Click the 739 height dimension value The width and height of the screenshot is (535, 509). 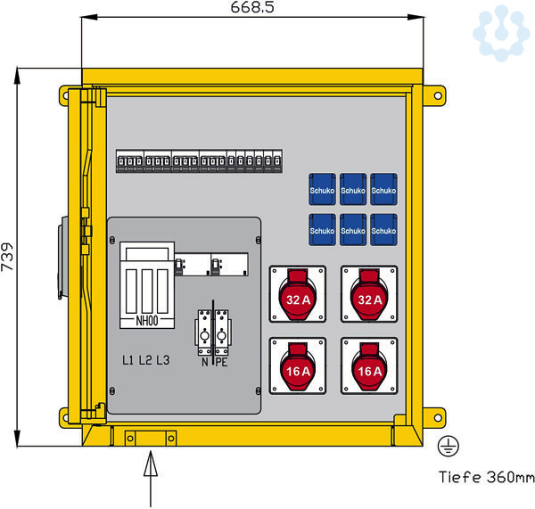[x=8, y=257]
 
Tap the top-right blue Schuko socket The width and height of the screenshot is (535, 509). [x=383, y=190]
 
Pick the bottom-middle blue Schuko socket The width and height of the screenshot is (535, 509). [x=353, y=230]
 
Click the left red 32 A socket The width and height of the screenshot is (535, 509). [x=298, y=297]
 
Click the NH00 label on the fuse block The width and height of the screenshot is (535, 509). [x=146, y=322]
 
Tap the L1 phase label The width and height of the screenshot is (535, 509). [x=129, y=361]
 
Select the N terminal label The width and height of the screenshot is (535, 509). [x=205, y=362]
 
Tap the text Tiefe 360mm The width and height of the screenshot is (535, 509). [x=486, y=478]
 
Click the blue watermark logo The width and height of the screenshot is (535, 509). [x=502, y=32]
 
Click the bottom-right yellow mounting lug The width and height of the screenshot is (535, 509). [x=432, y=416]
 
